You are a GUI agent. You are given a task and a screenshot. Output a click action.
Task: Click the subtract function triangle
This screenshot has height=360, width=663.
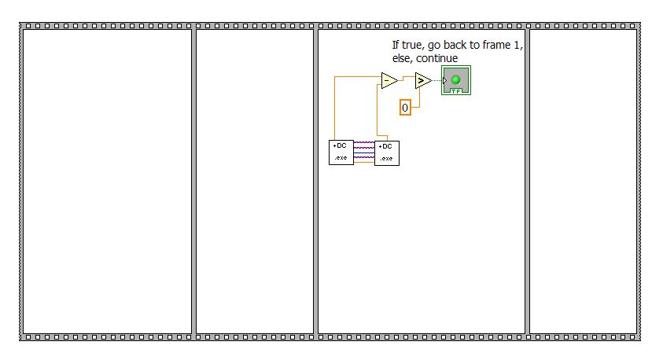[389, 79]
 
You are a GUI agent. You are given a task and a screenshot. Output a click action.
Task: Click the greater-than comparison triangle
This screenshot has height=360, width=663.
[423, 80]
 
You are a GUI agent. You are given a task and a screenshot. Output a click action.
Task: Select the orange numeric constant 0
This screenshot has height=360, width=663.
[405, 108]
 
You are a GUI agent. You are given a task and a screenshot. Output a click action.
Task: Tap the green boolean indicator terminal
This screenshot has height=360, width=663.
[456, 80]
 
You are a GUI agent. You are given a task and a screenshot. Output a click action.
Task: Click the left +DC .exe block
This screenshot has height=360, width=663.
[341, 152]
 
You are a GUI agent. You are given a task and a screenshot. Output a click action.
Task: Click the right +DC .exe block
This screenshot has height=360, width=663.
[386, 152]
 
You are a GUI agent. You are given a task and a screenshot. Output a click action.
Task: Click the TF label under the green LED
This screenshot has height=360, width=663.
[456, 91]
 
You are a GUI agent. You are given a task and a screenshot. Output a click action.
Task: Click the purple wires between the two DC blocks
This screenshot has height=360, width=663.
[364, 152]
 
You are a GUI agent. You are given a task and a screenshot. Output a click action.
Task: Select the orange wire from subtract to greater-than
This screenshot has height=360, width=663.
[407, 78]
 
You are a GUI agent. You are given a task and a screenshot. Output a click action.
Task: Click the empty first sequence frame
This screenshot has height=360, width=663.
[107, 181]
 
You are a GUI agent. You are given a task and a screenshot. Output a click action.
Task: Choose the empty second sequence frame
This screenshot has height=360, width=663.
[254, 181]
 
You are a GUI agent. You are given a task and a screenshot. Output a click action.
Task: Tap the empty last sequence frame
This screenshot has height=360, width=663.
[583, 181]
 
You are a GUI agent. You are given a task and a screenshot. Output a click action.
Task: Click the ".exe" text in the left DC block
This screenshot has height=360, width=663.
[341, 158]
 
